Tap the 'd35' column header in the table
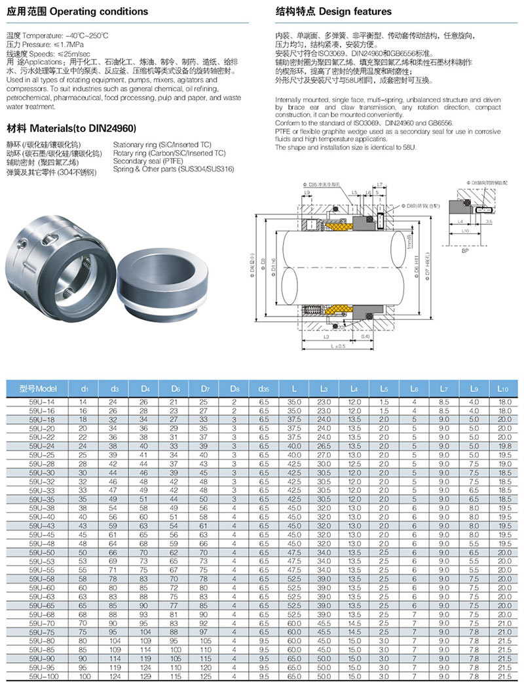[x=263, y=389]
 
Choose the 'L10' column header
[x=504, y=389]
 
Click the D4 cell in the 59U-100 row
[x=145, y=676]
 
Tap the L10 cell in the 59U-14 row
[x=504, y=401]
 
